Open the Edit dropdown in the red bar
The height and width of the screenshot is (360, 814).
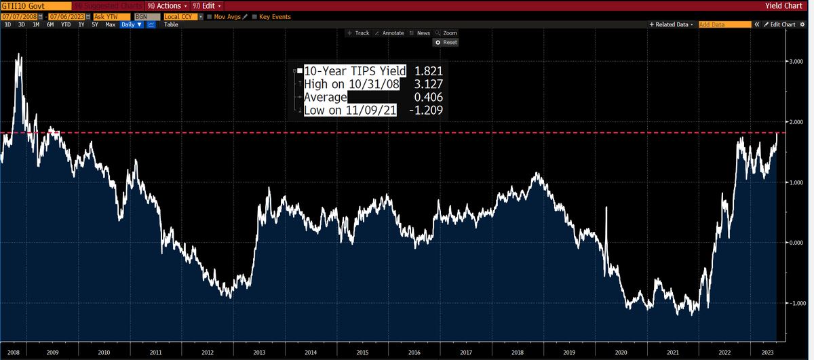203,5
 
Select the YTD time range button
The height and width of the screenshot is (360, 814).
66,24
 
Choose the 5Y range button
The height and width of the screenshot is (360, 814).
94,24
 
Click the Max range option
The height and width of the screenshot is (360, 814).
110,24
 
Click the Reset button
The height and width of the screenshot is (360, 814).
446,42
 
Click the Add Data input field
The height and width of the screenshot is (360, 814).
724,24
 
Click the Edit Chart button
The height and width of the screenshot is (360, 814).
779,24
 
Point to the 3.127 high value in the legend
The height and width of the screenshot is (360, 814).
428,84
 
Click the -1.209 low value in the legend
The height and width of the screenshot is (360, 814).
427,110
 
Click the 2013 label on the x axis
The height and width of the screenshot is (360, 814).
259,353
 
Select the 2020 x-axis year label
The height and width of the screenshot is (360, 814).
621,353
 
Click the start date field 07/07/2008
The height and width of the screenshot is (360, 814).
18,16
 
